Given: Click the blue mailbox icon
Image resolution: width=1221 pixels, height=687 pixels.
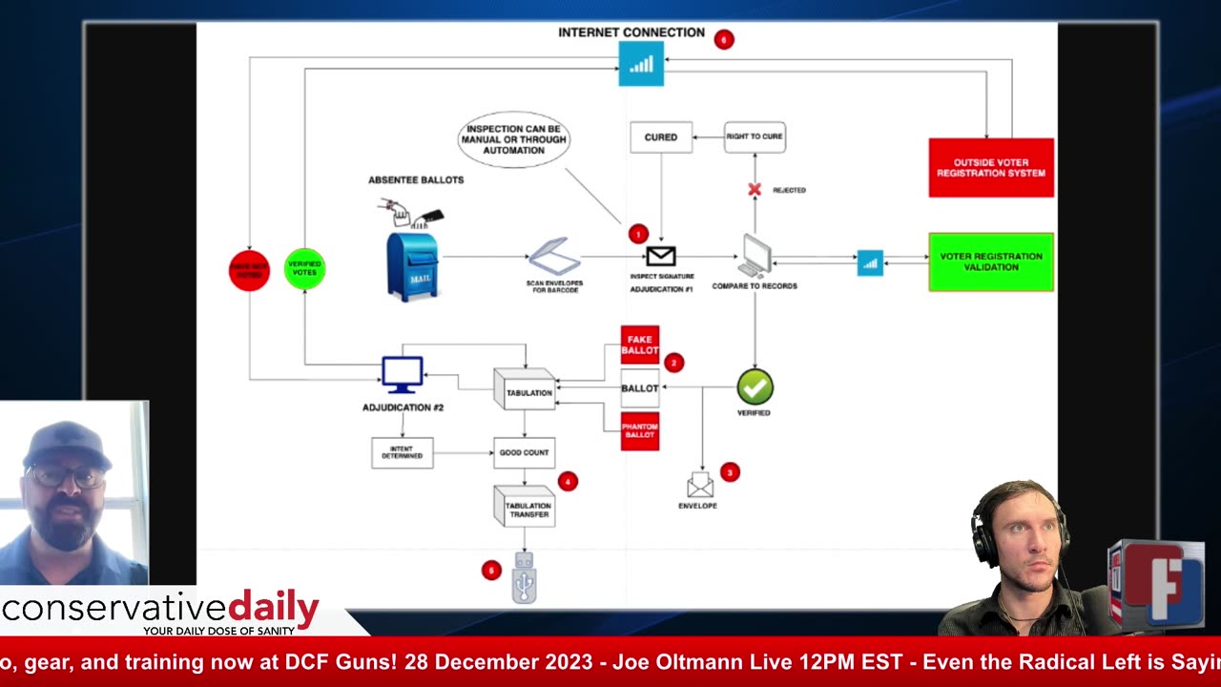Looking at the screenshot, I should point(412,266).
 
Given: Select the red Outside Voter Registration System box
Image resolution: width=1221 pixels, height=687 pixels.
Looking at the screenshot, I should point(990,168).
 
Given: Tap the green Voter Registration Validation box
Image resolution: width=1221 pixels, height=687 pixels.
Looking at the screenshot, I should point(990,261).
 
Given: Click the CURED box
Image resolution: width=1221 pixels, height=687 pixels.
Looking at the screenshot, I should point(660,137).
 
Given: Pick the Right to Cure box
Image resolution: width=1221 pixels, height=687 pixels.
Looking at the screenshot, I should point(754,136).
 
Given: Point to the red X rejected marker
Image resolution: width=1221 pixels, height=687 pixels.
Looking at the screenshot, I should point(755,190).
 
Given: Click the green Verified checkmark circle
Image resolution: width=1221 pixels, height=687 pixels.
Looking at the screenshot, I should point(755,387).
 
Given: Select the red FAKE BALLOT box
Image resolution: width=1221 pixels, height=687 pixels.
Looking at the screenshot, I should point(639,344).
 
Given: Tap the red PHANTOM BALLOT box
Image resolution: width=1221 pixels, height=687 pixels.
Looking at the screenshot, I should point(639,430).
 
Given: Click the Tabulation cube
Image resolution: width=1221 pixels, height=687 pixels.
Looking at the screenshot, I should point(525,390).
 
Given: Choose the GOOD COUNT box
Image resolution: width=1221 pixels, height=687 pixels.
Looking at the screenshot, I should point(524,452).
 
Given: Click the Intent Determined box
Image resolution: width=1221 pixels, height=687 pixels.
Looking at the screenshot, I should point(402,452).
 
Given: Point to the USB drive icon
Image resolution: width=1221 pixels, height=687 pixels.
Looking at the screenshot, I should point(524,578).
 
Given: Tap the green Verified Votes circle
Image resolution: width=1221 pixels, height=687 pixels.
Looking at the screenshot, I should point(304,268).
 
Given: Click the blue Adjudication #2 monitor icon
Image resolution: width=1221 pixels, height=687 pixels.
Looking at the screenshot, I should point(403,375).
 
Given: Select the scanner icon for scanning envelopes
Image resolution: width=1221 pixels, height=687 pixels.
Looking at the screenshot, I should point(554,257).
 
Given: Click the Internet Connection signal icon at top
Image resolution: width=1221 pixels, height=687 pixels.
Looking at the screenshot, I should point(641,64).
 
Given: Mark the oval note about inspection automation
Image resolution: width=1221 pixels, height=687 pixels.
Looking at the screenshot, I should point(514,139).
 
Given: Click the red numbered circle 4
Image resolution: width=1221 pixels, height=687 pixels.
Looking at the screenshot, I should point(568,482).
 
